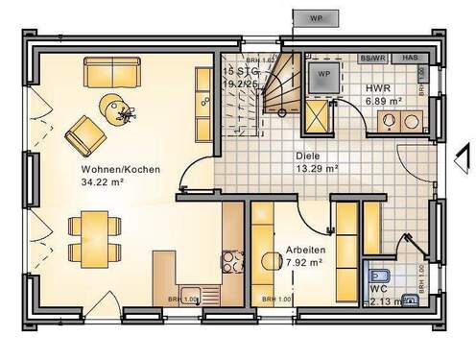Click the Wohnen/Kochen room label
coord(120,170)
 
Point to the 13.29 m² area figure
coord(317,167)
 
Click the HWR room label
coord(377,86)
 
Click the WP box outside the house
coord(315,17)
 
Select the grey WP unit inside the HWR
coord(323,75)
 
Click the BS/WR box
coord(372,58)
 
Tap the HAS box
coord(409,58)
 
